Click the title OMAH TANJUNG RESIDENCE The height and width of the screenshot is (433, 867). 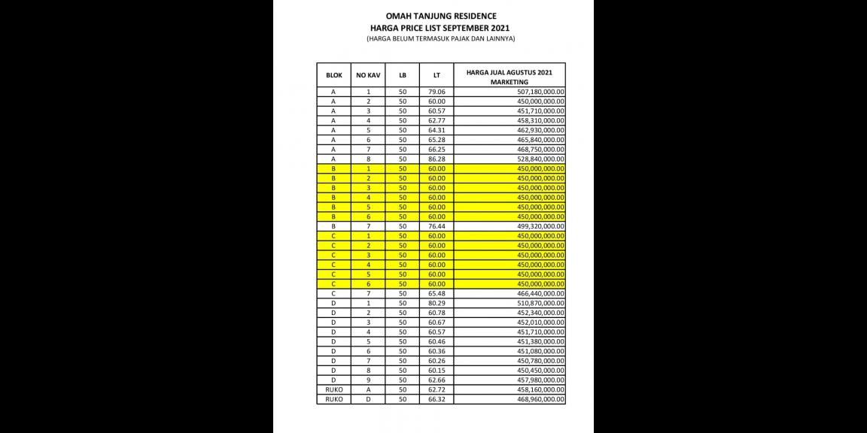click(430, 16)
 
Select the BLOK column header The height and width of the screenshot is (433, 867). click(333, 75)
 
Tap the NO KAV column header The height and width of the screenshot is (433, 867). click(368, 75)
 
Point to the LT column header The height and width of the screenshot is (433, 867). click(437, 75)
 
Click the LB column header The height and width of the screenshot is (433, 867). click(403, 75)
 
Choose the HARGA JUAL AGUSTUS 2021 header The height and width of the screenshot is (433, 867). click(510, 72)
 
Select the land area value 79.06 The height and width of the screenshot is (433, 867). click(437, 92)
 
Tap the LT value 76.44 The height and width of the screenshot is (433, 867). click(437, 226)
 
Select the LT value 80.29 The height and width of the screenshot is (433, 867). click(437, 303)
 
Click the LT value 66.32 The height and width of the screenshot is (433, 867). click(437, 399)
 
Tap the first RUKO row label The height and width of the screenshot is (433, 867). click(333, 389)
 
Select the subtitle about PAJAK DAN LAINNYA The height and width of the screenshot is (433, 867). click(430, 38)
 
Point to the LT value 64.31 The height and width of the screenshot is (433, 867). click(437, 130)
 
